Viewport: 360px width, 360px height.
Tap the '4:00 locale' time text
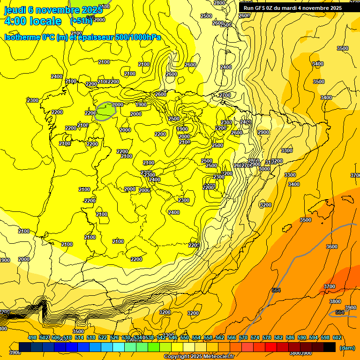[33, 21]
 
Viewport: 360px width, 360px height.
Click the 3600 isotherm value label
[331, 247]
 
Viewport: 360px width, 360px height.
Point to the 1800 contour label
[141, 105]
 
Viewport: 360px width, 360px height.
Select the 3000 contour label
[264, 169]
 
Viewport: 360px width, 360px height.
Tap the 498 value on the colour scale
[32, 337]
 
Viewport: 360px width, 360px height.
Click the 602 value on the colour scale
[337, 337]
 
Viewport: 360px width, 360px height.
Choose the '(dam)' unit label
[347, 348]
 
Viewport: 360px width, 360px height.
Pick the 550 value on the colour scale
[185, 337]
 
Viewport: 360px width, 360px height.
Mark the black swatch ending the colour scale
[330, 347]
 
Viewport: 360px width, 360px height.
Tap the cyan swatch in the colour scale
[119, 347]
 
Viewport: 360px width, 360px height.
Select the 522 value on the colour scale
[103, 337]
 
